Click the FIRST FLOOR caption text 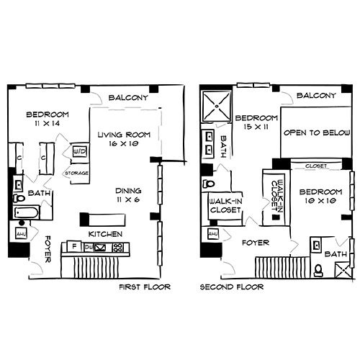148,287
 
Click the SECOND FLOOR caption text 233,287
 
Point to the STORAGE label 76,173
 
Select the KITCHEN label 105,235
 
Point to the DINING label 130,196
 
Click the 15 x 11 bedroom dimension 256,127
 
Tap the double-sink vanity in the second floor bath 208,144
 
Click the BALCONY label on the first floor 128,98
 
